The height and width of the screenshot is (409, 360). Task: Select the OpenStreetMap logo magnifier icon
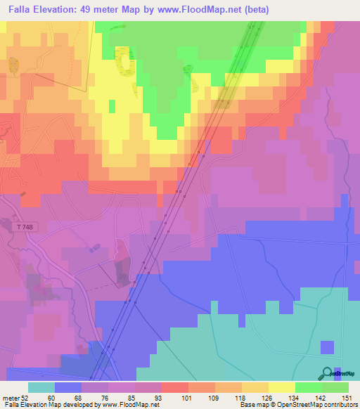(328, 374)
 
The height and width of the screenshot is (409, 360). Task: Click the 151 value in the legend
(345, 397)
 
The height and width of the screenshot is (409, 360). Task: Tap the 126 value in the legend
(268, 397)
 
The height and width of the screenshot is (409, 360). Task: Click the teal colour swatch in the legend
(41, 387)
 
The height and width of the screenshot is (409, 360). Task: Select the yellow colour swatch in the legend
(281, 387)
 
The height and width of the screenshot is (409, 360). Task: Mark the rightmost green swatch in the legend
(335, 387)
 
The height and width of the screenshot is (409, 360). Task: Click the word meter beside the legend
(9, 397)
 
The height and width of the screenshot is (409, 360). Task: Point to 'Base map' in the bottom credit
(253, 405)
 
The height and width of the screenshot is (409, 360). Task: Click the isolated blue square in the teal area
(327, 347)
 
